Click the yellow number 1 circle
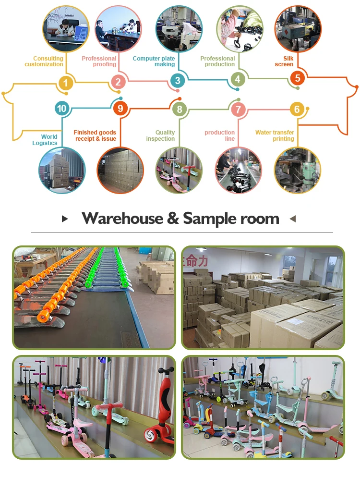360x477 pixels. [65, 83]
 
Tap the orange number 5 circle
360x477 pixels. [298, 78]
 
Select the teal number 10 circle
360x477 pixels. [62, 108]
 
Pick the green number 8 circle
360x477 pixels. [180, 109]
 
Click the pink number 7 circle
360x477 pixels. [238, 109]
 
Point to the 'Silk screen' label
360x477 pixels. [284, 61]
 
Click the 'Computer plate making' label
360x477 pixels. [154, 61]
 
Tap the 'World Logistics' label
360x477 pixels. [45, 140]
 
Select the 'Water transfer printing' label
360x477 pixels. [275, 135]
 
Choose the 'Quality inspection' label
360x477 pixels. [160, 135]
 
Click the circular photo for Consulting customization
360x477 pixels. [66, 29]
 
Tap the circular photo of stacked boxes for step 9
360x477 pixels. [120, 171]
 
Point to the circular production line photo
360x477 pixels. [238, 171]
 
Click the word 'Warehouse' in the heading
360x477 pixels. [122, 218]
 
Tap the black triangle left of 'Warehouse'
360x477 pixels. [65, 219]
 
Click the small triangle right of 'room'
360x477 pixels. [293, 219]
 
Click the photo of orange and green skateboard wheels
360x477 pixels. [94, 297]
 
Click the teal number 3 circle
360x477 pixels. [178, 80]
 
